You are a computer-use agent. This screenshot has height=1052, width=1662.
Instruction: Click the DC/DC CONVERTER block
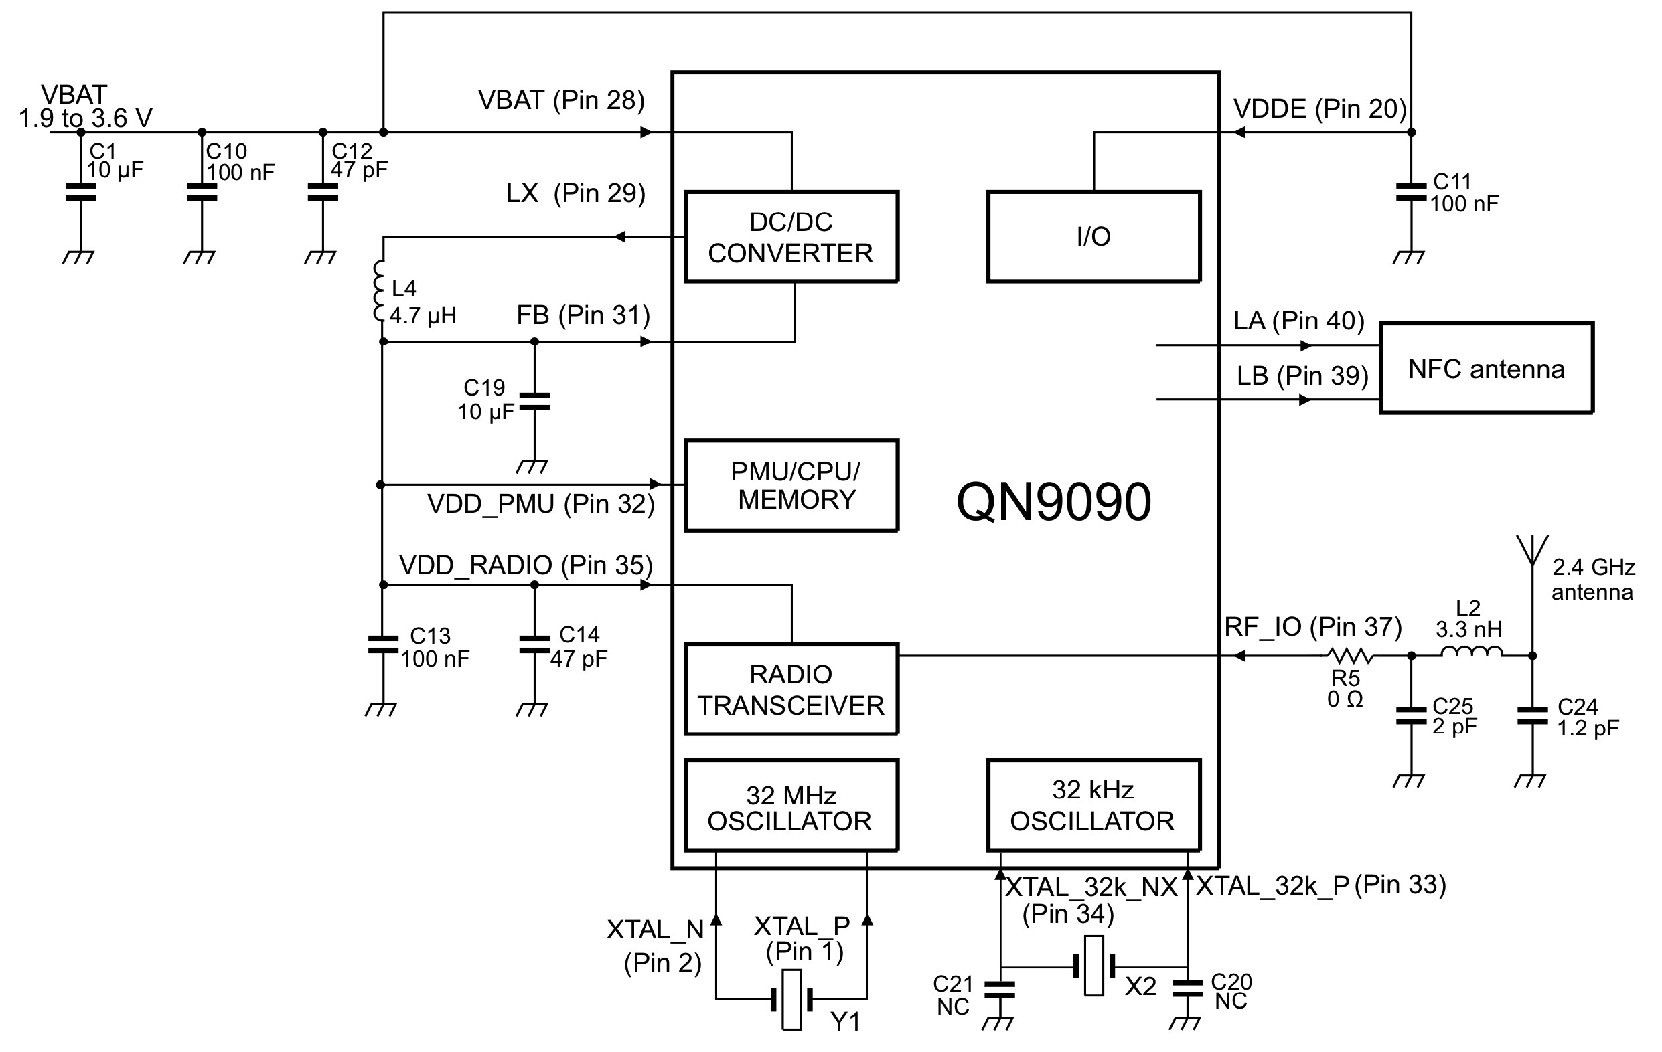pyautogui.click(x=791, y=237)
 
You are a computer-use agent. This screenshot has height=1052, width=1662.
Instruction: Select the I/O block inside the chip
pyautogui.click(x=1093, y=237)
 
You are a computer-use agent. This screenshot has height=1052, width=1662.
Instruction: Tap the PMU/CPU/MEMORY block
pyautogui.click(x=791, y=485)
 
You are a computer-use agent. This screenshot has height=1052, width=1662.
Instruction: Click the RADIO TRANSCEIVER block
pyautogui.click(x=791, y=689)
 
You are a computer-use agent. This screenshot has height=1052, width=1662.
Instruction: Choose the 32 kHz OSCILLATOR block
pyautogui.click(x=1093, y=805)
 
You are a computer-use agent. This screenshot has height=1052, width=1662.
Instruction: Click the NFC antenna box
pyautogui.click(x=1486, y=368)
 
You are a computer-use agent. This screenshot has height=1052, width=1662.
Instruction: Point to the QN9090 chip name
pyautogui.click(x=1053, y=502)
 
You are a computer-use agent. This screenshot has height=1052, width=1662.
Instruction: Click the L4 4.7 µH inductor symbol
pyautogui.click(x=379, y=291)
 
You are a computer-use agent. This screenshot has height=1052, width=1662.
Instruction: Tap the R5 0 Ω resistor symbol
pyautogui.click(x=1347, y=655)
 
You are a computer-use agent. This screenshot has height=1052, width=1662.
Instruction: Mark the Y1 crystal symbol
pyautogui.click(x=791, y=999)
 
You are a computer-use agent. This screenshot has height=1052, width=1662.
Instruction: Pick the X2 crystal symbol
pyautogui.click(x=1094, y=966)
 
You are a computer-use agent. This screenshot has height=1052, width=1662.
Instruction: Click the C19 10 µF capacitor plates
pyautogui.click(x=534, y=402)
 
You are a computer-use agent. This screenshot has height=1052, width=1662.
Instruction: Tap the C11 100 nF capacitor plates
pyautogui.click(x=1410, y=193)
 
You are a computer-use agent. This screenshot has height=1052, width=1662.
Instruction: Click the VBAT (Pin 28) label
pyautogui.click(x=561, y=100)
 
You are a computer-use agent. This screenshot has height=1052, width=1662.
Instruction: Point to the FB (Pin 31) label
pyautogui.click(x=583, y=315)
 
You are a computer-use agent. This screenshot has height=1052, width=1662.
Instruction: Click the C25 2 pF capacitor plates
pyautogui.click(x=1410, y=715)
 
